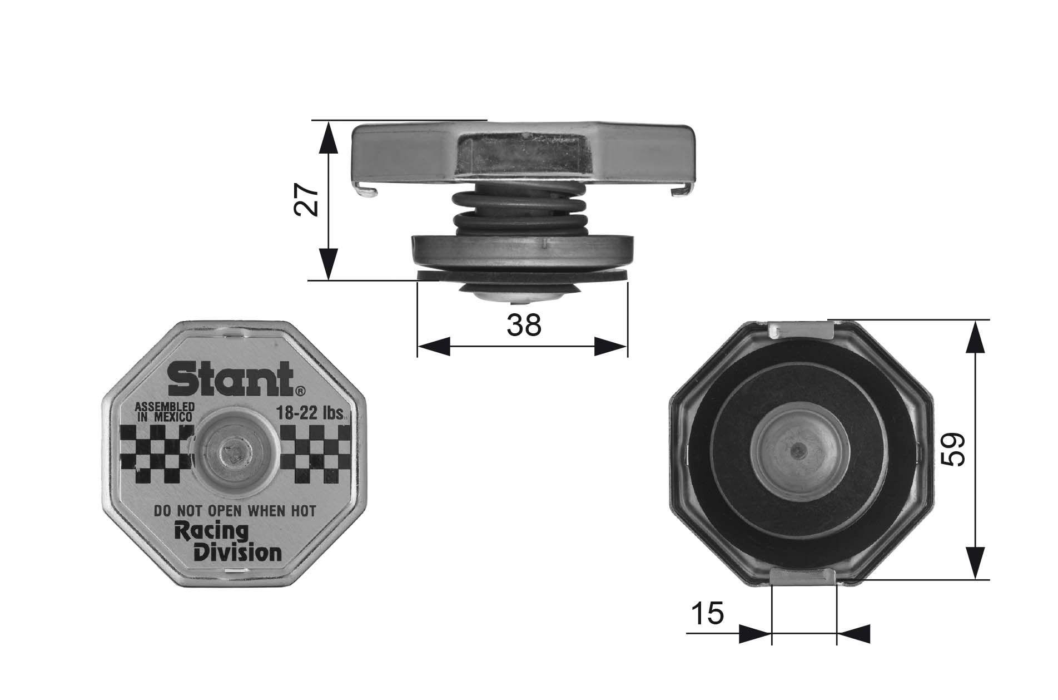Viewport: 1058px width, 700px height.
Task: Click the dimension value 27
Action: pos(306,200)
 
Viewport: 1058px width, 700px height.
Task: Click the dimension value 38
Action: pos(524,325)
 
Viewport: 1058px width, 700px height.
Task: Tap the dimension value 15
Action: pos(708,614)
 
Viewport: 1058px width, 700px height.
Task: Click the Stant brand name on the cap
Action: pos(230,378)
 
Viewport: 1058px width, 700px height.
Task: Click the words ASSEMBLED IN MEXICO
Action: pos(165,412)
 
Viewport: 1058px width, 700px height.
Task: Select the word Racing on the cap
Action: pos(211,531)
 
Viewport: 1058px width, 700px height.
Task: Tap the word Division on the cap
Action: pos(237,553)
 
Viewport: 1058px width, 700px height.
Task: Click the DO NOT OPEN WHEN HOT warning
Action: pos(234,510)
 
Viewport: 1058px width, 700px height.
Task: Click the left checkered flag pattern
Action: pos(157,454)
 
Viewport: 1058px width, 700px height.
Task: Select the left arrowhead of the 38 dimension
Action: pos(434,346)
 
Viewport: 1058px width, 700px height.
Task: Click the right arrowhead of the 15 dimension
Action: pos(853,633)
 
